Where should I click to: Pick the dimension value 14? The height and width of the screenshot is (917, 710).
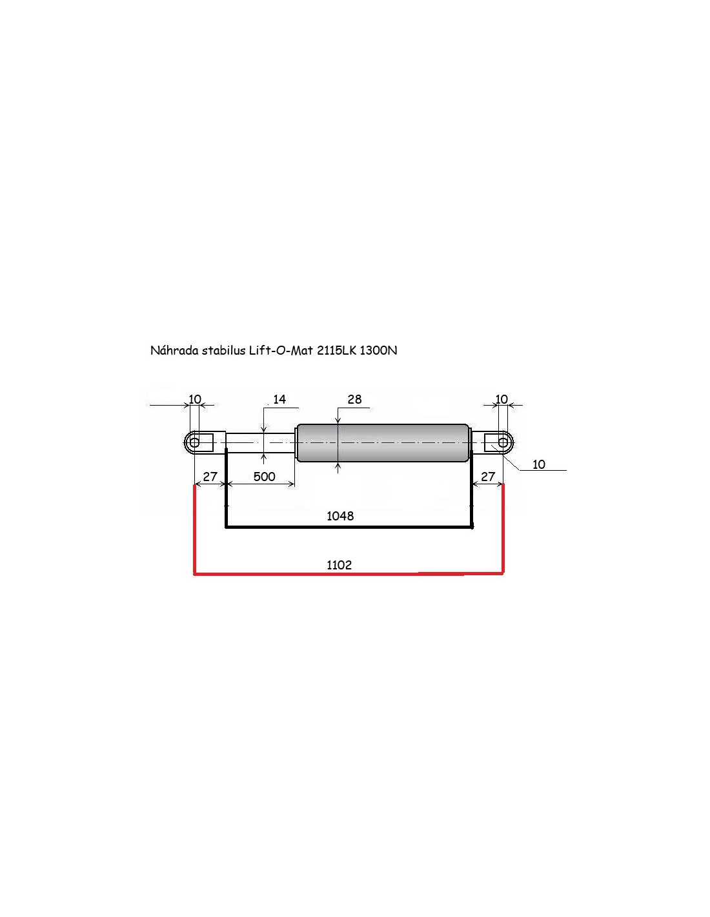(279, 399)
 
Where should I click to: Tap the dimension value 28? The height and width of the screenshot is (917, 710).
(354, 399)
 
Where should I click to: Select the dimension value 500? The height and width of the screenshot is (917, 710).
(265, 477)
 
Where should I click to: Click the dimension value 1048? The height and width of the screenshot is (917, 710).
(340, 516)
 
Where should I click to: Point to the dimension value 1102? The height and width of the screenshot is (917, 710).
(339, 565)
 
